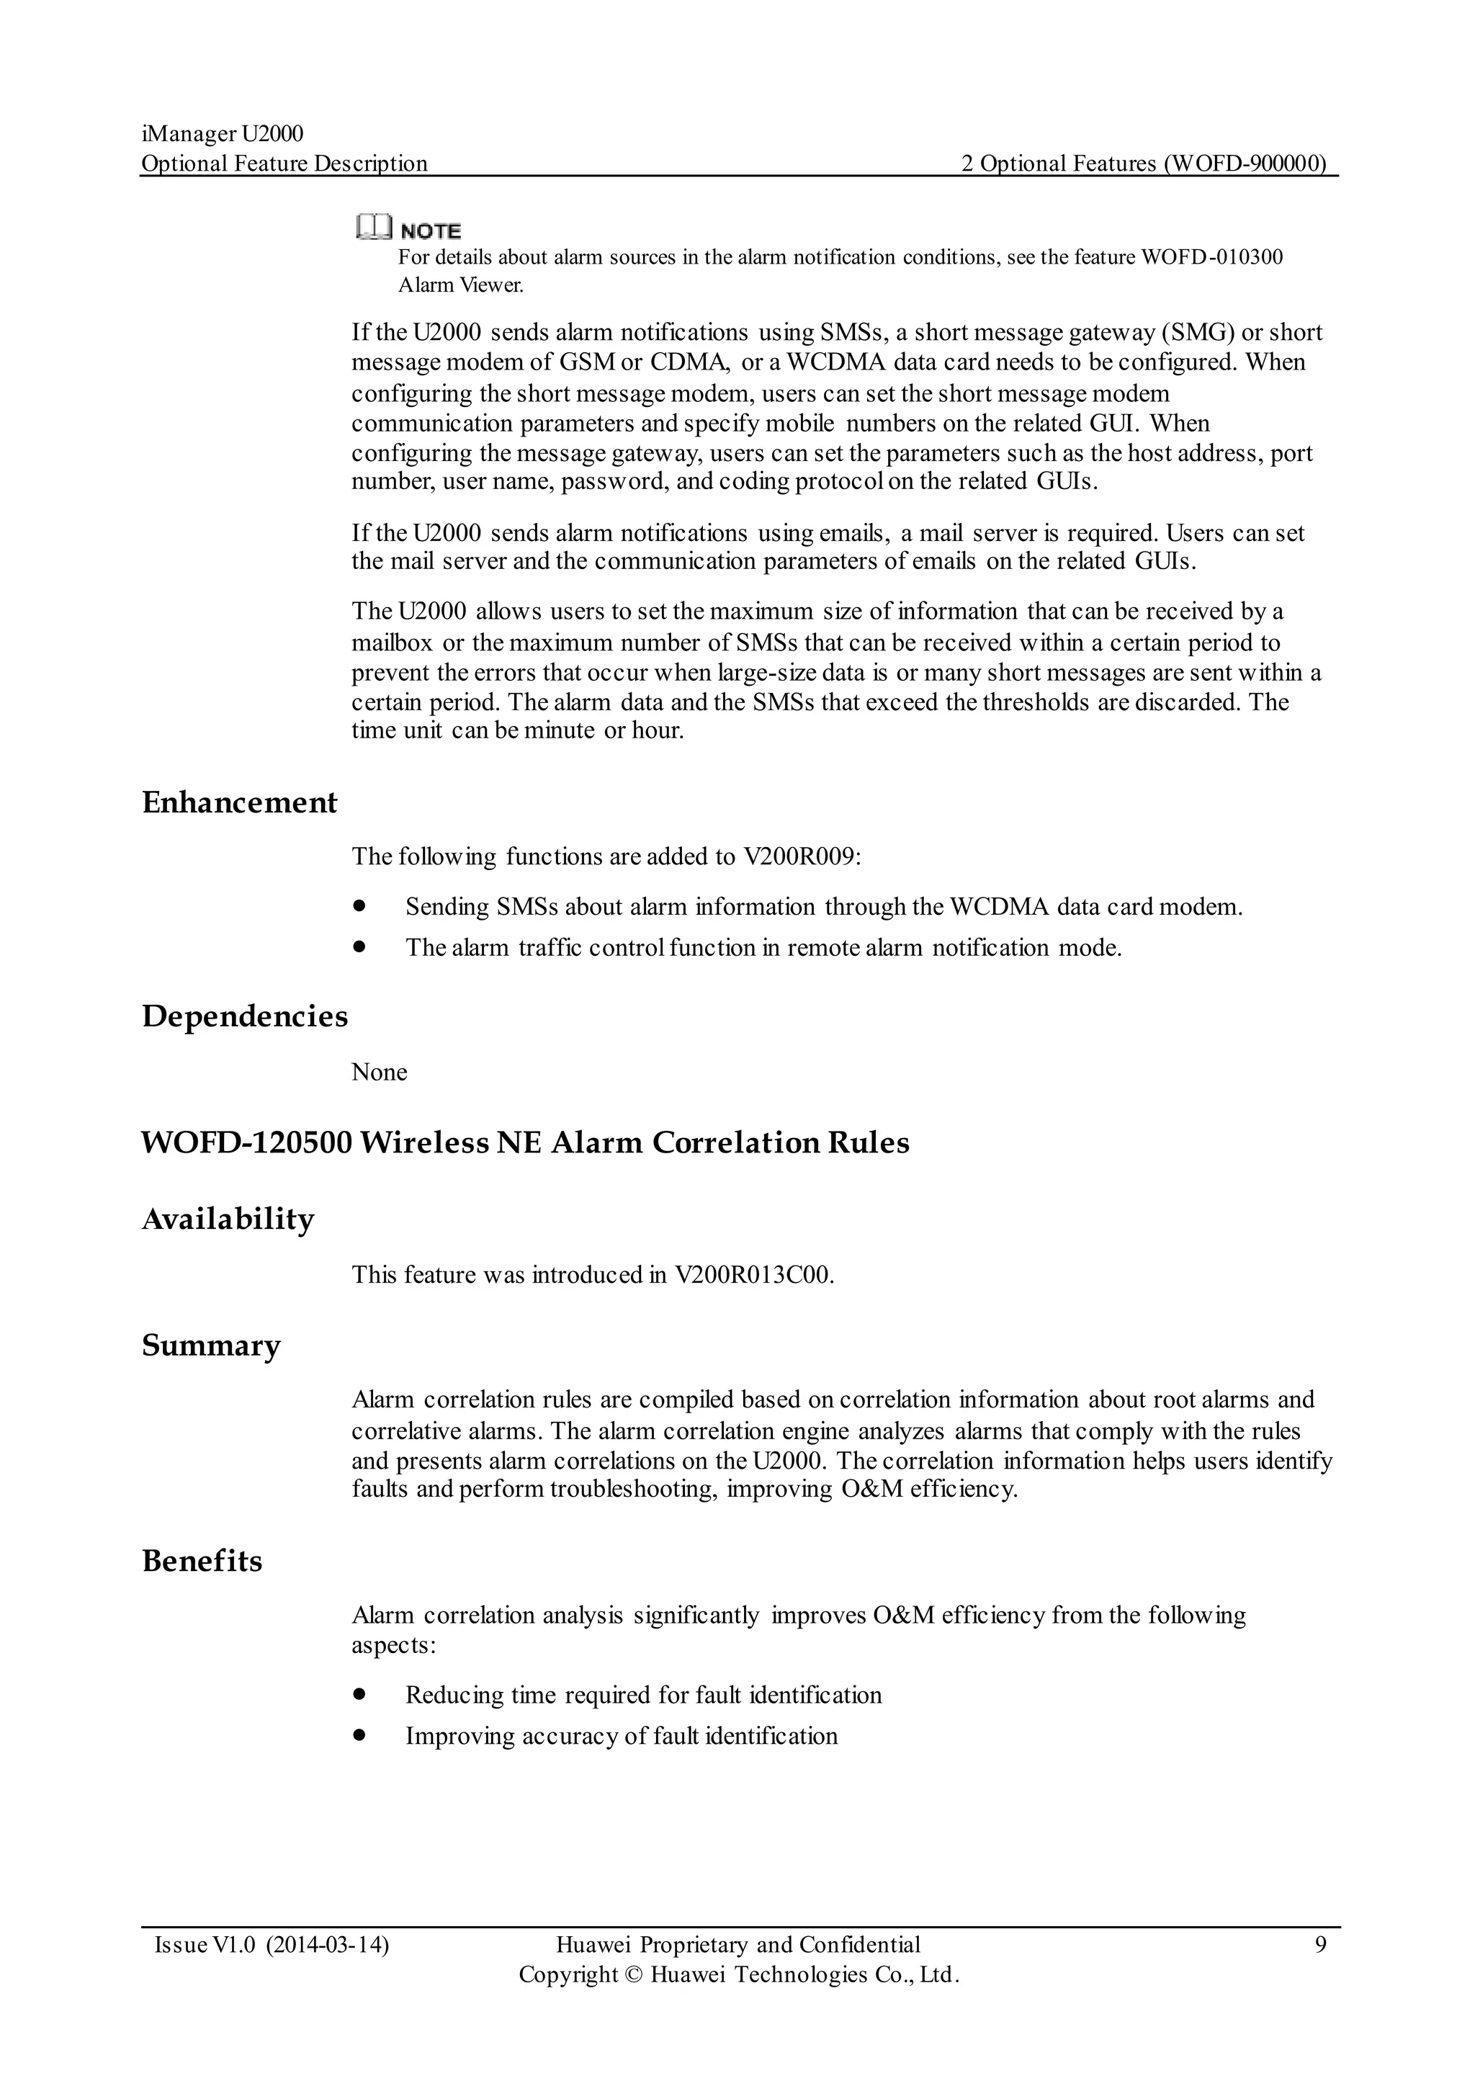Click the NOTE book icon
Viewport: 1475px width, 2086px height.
pos(375,226)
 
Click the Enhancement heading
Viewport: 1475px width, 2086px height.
pos(239,803)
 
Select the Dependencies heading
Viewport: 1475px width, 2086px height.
pos(244,1016)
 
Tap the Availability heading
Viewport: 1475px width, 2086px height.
pos(228,1219)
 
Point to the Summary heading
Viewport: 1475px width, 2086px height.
pos(211,1346)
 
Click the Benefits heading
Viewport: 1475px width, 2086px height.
pos(202,1561)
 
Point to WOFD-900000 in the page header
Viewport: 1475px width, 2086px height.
pos(1245,164)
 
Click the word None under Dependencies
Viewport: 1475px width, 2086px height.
pos(379,1072)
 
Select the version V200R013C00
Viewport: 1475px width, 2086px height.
pos(753,1275)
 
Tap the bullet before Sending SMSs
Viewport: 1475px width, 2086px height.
pos(359,906)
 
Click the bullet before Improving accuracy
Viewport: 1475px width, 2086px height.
pos(359,1735)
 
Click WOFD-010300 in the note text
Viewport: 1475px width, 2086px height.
pos(1211,257)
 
